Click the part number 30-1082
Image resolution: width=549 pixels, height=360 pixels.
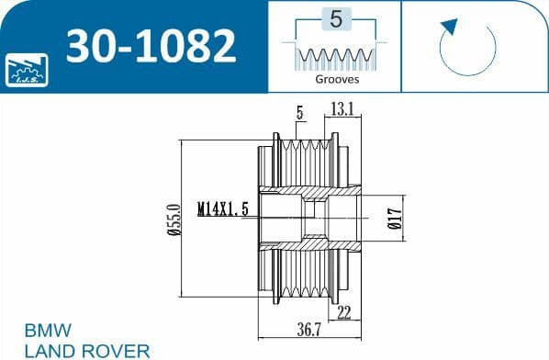coord(151,46)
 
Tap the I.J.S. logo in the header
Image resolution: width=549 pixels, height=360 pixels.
coord(27,70)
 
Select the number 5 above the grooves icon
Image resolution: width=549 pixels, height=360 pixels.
coord(336,19)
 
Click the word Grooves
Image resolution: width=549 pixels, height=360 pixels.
coord(337,79)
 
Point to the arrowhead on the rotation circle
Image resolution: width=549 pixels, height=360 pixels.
coord(450,27)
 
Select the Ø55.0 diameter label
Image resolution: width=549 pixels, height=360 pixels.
coord(174,219)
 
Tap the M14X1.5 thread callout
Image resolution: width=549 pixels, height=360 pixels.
coord(223,209)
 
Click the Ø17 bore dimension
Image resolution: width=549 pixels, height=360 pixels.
coord(395,219)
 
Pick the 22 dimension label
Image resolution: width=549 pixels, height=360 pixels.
coord(343,312)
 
